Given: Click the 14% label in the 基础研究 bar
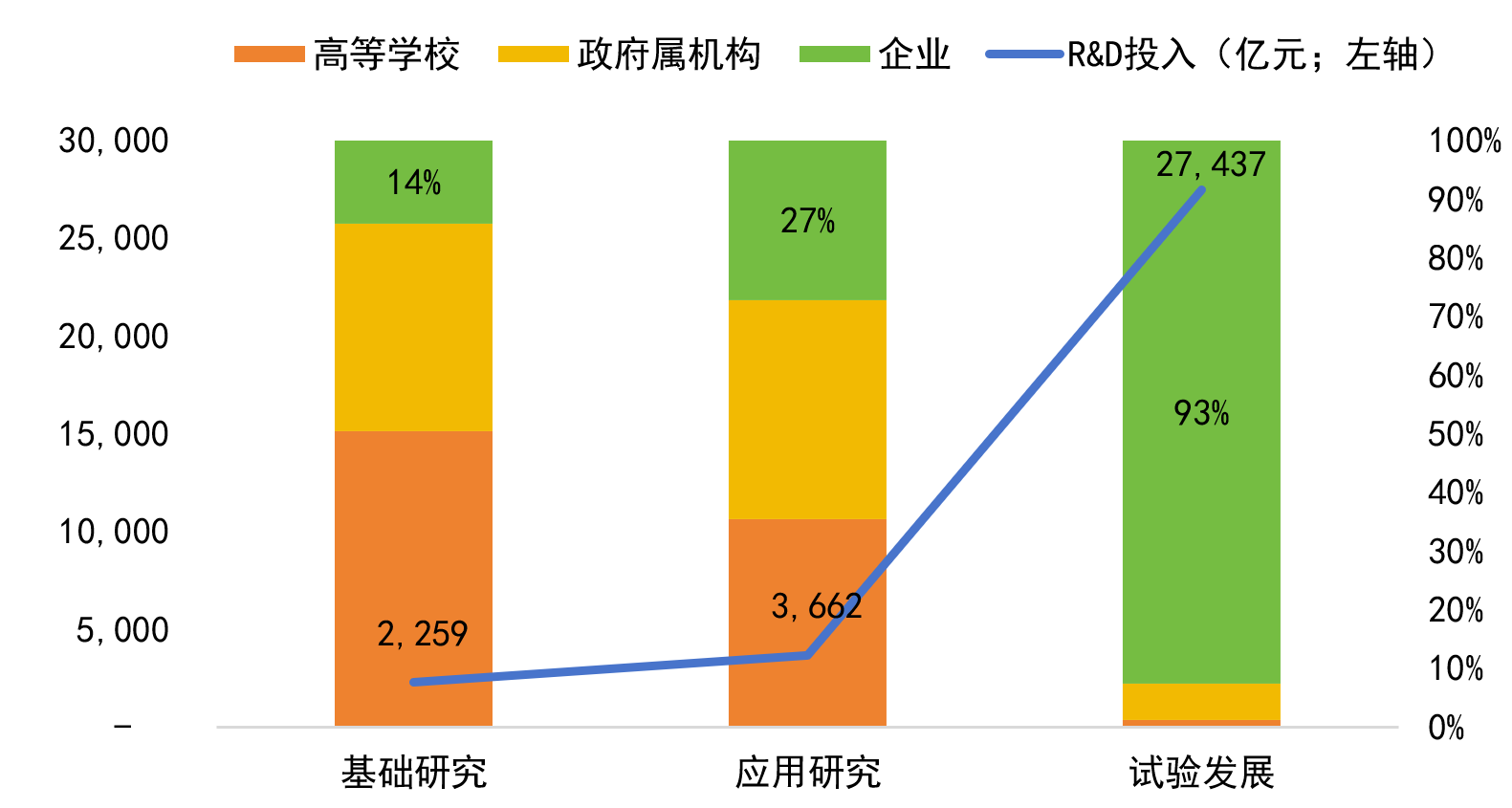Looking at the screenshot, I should (x=414, y=182).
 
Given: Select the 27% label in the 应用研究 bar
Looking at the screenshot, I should (x=808, y=221).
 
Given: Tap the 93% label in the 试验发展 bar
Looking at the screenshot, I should (x=1201, y=413).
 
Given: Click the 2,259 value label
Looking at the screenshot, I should (x=423, y=634).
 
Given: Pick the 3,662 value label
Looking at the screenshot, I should (x=817, y=605).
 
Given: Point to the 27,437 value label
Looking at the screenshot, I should (x=1211, y=164).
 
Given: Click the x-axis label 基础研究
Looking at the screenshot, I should (x=414, y=773).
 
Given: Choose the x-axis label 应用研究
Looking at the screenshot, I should (x=808, y=773).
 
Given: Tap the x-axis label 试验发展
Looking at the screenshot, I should (x=1201, y=773).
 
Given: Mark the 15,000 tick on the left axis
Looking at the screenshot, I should (x=114, y=434).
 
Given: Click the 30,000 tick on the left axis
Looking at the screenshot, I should (x=114, y=141).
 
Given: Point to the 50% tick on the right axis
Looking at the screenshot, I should (x=1456, y=434).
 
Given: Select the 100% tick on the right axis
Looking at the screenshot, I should (x=1464, y=141).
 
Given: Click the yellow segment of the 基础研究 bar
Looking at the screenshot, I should (x=414, y=327).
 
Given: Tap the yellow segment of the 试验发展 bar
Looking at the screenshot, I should (x=1201, y=701).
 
